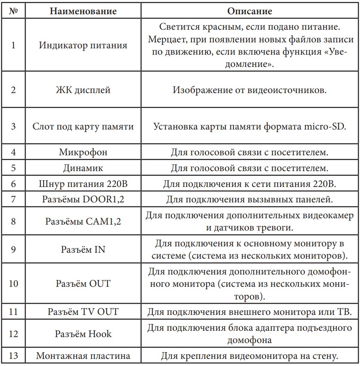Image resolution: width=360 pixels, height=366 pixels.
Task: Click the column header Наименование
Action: point(83,11)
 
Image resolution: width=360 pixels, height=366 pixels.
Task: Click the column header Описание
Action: point(250,11)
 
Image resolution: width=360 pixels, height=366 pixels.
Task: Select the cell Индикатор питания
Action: point(83,45)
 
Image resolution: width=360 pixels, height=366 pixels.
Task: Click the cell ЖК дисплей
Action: point(83,90)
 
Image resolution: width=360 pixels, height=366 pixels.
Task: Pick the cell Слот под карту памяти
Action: point(83,127)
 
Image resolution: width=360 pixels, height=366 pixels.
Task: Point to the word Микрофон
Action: point(83,152)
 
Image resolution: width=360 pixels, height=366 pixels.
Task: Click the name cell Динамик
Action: point(83,168)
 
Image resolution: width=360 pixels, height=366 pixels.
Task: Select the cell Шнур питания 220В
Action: point(83,184)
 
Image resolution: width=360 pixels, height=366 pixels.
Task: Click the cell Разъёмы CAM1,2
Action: point(83,221)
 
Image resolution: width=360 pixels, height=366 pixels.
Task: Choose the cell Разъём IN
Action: point(83,249)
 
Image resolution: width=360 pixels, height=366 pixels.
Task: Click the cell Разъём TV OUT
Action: point(83,311)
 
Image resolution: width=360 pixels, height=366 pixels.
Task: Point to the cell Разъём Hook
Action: point(83,334)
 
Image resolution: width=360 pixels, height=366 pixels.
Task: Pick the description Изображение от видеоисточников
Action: point(250,90)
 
